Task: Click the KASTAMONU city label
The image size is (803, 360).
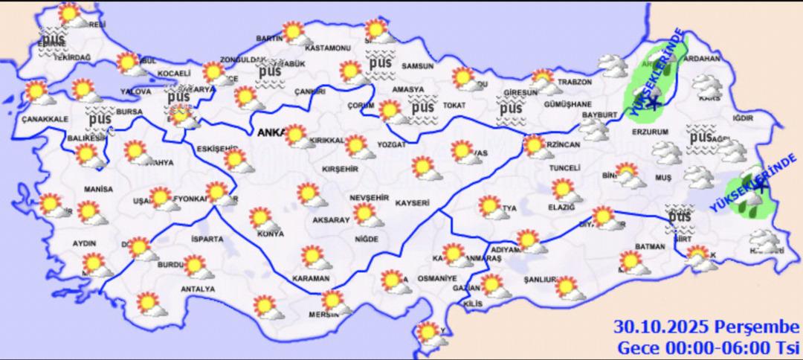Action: (x=332, y=48)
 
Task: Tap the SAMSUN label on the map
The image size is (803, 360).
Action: (x=417, y=66)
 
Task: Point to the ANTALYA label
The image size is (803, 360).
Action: (x=198, y=289)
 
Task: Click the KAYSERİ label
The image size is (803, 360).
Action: (x=414, y=202)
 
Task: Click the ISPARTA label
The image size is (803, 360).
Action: (x=207, y=240)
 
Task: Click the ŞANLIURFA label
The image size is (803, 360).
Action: (x=541, y=280)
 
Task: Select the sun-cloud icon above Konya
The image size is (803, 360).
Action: (x=262, y=218)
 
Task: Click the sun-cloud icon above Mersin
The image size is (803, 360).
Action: (x=335, y=300)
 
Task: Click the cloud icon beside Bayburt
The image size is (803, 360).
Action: (x=596, y=129)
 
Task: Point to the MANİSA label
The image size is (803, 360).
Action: (x=99, y=190)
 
